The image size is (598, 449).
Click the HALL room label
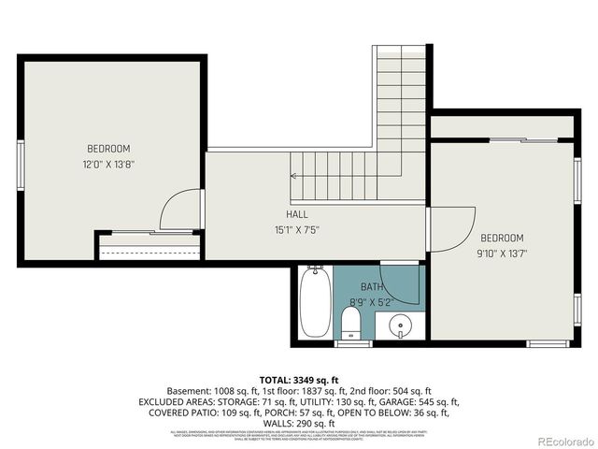[297, 214]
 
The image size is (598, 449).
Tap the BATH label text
[372, 287]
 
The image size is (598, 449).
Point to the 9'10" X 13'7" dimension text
[502, 253]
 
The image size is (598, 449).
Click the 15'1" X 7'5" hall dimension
[297, 229]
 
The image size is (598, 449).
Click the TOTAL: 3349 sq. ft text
[298, 379]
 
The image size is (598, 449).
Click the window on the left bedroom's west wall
[20, 165]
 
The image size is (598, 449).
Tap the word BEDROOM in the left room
[108, 149]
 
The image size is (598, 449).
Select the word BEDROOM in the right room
[502, 238]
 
